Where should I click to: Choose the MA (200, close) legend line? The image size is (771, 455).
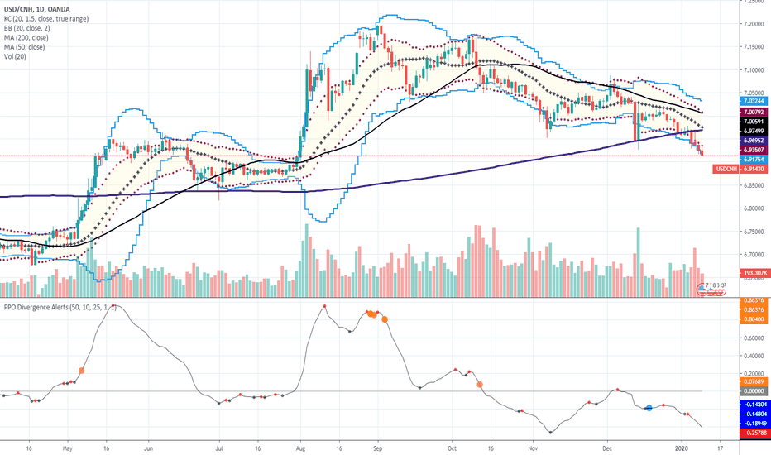tap(30, 38)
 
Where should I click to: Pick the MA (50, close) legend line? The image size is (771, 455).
tap(28, 48)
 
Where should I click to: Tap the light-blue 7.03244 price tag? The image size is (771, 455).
tap(730, 100)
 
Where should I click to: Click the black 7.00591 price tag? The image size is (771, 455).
tap(730, 121)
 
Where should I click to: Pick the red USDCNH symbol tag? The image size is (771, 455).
tap(728, 168)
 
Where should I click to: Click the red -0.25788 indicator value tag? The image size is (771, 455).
tap(730, 433)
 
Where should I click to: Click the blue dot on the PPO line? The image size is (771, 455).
tap(649, 407)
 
